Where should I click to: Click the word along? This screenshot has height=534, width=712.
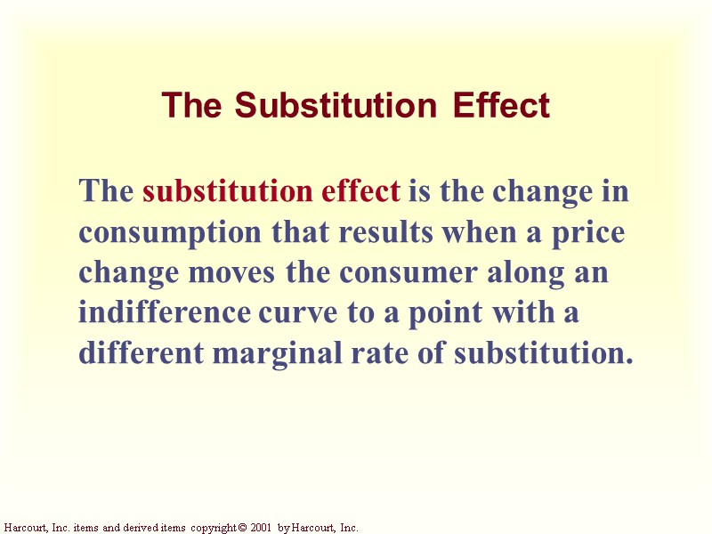(x=522, y=272)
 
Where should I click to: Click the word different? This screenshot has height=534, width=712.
(x=142, y=354)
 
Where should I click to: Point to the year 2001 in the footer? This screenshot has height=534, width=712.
(x=259, y=528)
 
